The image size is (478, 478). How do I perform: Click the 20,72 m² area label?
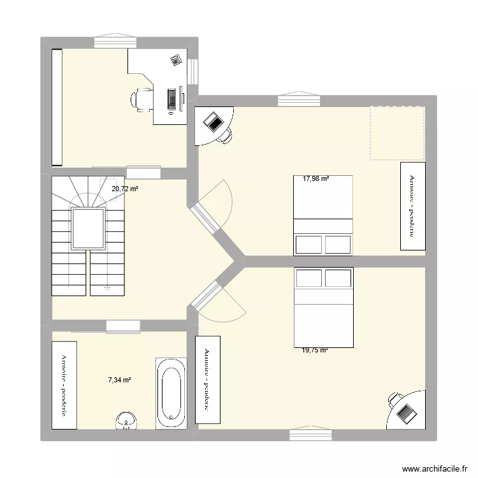click(125, 189)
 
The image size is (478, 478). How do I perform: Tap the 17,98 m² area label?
click(315, 179)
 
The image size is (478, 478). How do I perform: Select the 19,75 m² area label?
click(315, 350)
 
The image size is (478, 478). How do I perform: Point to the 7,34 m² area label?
click(119, 380)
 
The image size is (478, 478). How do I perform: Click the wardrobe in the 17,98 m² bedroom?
click(412, 206)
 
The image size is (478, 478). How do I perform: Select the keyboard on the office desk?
click(171, 98)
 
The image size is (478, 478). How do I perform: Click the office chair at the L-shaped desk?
click(143, 99)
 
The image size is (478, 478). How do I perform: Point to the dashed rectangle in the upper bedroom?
click(398, 133)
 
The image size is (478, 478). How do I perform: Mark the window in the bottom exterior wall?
click(312, 435)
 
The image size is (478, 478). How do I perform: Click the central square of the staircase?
click(88, 229)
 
